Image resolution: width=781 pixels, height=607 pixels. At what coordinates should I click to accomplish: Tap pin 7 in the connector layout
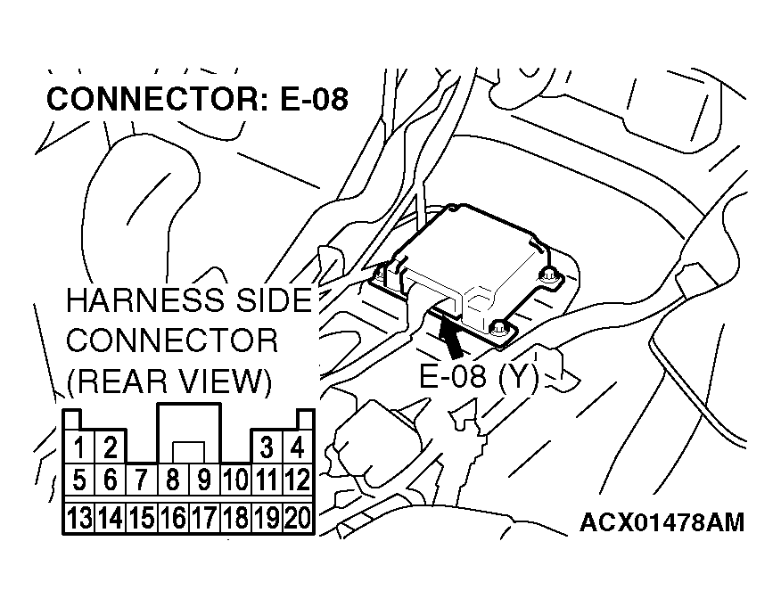pos(141,481)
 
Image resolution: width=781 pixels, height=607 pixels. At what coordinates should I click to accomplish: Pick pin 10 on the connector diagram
pos(235,481)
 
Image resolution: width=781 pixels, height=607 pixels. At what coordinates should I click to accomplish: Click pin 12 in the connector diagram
pos(298,481)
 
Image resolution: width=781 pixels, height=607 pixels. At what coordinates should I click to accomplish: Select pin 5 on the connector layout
pos(79,481)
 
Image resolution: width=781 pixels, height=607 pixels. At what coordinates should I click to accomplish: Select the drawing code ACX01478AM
pos(662,521)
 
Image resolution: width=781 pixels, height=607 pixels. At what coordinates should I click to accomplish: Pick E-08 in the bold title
pos(312,99)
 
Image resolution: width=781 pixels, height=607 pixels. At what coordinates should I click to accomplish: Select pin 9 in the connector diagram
pos(204,481)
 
